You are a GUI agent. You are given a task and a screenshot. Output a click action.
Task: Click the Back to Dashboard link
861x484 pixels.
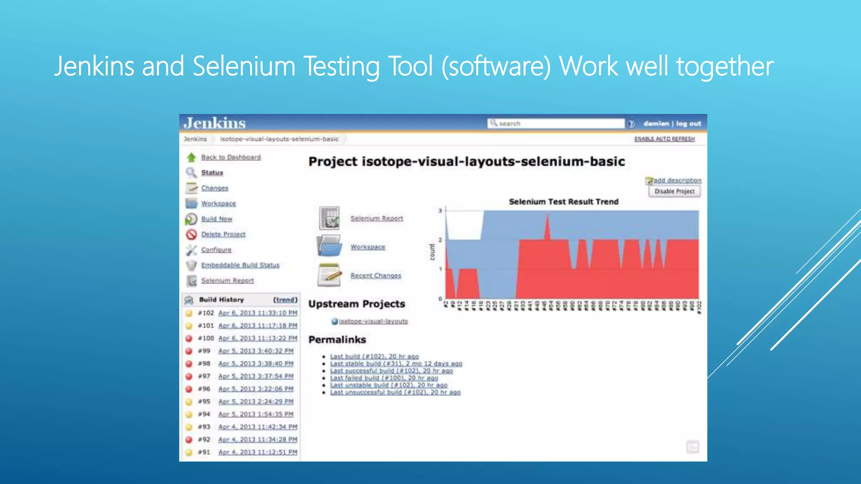[231, 157]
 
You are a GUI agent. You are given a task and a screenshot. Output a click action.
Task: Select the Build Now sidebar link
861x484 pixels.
[217, 219]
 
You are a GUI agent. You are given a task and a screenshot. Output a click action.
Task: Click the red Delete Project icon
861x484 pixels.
[191, 234]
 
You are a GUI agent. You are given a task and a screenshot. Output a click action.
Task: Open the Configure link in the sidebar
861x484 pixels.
[216, 250]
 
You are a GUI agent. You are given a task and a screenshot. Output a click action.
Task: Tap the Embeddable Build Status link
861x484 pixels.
[240, 265]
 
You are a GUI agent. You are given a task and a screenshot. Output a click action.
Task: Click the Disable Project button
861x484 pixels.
[674, 192]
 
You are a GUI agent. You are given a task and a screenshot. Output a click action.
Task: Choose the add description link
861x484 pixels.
[677, 180]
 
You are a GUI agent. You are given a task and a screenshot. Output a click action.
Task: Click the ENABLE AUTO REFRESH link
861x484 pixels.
[664, 139]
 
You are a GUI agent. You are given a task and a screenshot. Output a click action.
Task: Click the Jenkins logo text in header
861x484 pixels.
[214, 123]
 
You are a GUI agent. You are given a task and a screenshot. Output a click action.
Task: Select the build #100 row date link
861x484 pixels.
[258, 338]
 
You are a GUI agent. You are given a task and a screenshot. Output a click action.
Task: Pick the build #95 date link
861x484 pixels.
[256, 402]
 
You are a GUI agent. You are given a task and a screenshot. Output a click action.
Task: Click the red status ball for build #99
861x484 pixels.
[189, 351]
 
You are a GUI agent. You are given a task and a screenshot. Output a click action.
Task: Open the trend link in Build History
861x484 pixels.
[285, 300]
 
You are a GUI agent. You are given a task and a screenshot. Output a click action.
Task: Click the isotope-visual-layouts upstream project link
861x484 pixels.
[373, 321]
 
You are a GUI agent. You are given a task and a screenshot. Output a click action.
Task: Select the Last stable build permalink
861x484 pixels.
[396, 363]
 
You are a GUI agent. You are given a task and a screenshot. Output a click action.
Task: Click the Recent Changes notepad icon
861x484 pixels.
[329, 275]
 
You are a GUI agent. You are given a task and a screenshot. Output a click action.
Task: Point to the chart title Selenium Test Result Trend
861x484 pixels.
[563, 202]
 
